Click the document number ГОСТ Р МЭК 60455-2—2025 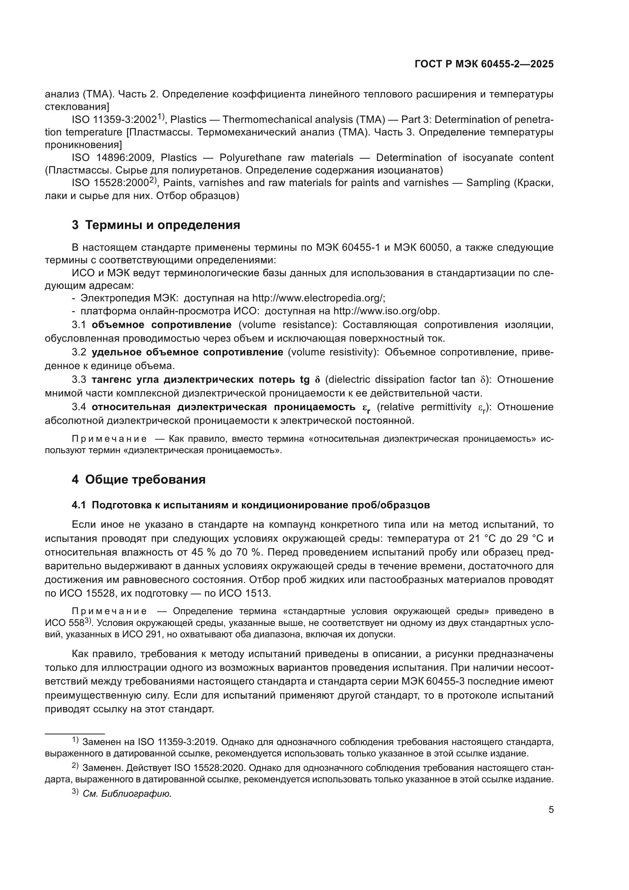tap(484, 64)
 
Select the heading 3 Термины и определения tap(156, 225)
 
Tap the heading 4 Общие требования tap(138, 479)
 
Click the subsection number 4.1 tap(78, 505)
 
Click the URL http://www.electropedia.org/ tap(318, 298)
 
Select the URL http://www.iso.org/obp tap(386, 311)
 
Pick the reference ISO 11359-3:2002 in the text tap(114, 120)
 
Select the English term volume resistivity tap(334, 352)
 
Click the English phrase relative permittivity tap(424, 407)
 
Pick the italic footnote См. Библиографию tap(127, 793)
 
